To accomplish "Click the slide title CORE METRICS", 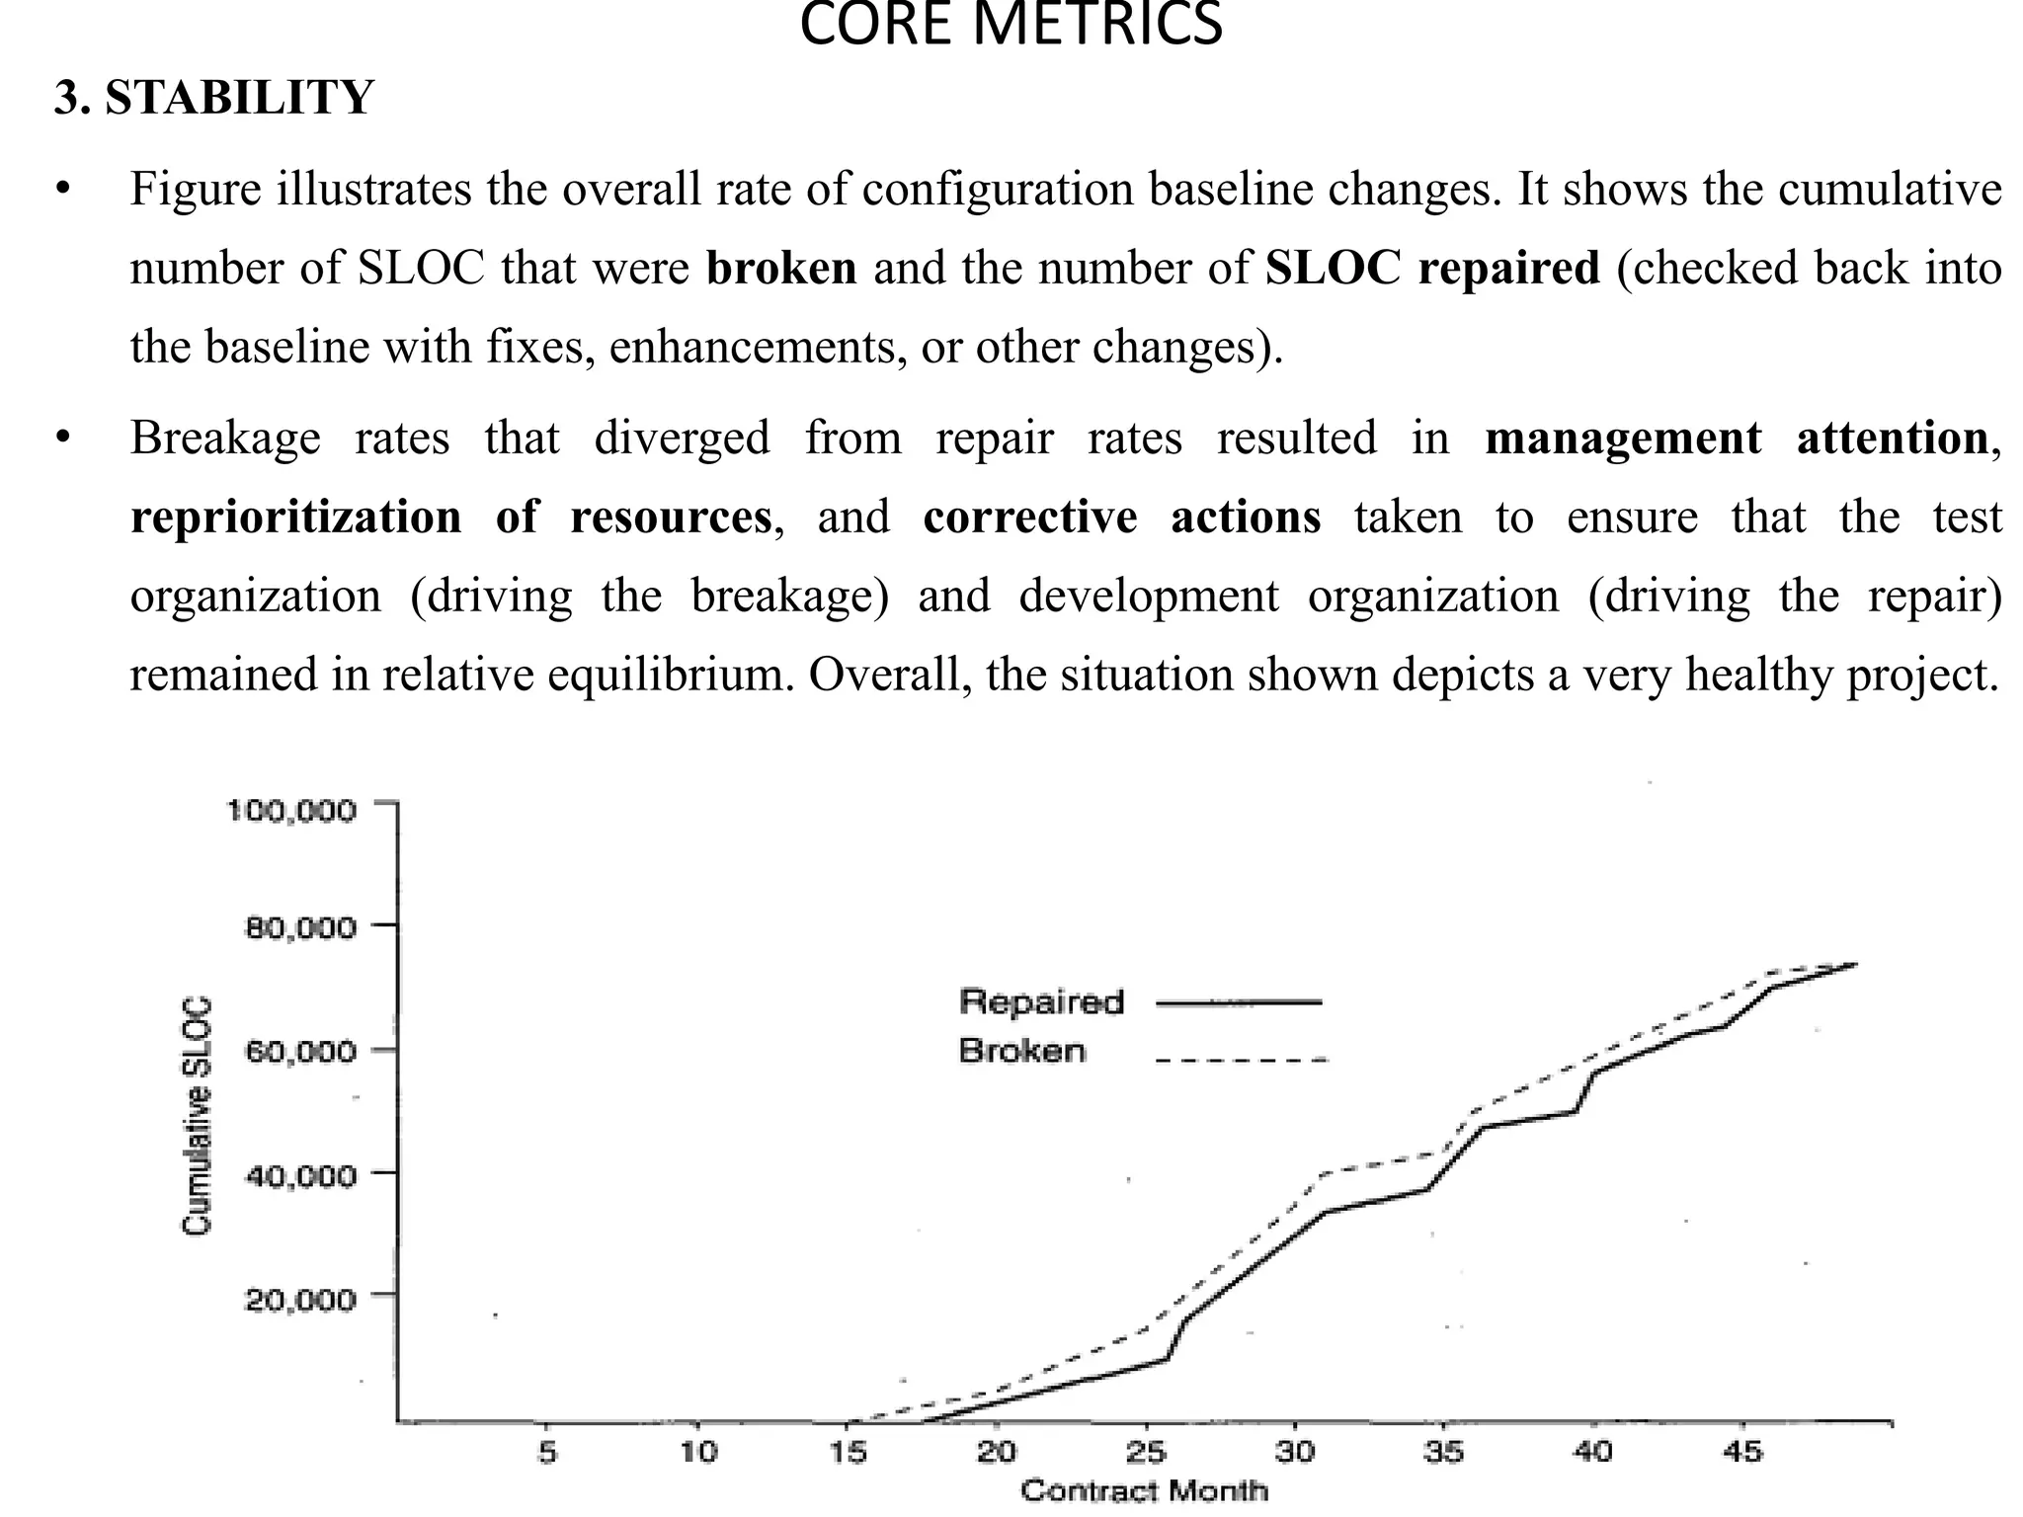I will pyautogui.click(x=1011, y=26).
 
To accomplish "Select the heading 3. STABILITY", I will pyautogui.click(x=214, y=98).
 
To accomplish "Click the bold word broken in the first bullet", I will pyautogui.click(x=781, y=268).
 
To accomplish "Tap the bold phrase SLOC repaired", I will pyautogui.click(x=1432, y=268).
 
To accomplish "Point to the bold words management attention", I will pyautogui.click(x=1737, y=438).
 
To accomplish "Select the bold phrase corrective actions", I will pyautogui.click(x=1121, y=517).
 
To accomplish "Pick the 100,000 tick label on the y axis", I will pyautogui.click(x=291, y=811).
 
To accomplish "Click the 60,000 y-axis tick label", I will pyautogui.click(x=299, y=1050).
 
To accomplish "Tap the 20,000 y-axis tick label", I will pyautogui.click(x=299, y=1300).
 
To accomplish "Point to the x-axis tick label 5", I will pyautogui.click(x=547, y=1452).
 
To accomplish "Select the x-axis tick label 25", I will pyautogui.click(x=1146, y=1452).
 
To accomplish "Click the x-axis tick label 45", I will pyautogui.click(x=1741, y=1452).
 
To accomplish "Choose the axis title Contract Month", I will pyautogui.click(x=1144, y=1490).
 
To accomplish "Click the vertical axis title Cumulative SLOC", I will pyautogui.click(x=197, y=1116).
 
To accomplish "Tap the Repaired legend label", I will pyautogui.click(x=1041, y=1001).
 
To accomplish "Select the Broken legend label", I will pyautogui.click(x=1021, y=1051).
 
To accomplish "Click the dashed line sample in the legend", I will pyautogui.click(x=1241, y=1061).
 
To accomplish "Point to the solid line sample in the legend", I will pyautogui.click(x=1239, y=1002).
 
